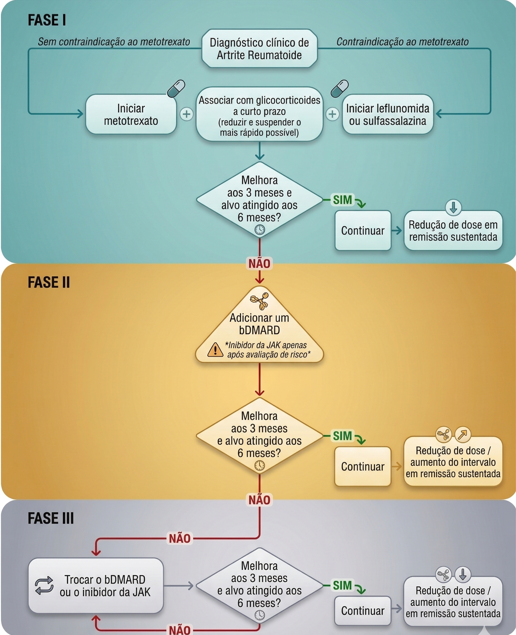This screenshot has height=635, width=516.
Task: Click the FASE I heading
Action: (x=47, y=20)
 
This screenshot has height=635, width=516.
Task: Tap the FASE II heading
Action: (x=49, y=282)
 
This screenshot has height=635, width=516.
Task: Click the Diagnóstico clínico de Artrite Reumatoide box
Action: (x=259, y=49)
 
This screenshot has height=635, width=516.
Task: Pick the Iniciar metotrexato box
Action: (x=131, y=114)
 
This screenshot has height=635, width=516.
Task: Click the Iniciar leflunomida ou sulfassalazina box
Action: (x=387, y=114)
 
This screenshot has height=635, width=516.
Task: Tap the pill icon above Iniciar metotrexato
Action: (x=176, y=88)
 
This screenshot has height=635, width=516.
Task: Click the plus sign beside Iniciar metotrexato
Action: (x=187, y=114)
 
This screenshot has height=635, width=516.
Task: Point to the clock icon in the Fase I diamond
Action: (x=259, y=229)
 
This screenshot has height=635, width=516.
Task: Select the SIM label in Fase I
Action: (x=342, y=200)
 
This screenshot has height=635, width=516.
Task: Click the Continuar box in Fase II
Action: (x=363, y=466)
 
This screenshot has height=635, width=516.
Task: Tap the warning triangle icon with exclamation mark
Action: (x=215, y=350)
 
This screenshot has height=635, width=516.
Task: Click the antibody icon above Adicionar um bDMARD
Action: (x=259, y=301)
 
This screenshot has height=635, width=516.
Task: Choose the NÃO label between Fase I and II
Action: (x=259, y=264)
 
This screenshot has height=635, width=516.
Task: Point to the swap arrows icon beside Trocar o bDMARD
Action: (x=44, y=585)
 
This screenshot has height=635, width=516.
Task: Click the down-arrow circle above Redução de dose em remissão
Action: (x=453, y=207)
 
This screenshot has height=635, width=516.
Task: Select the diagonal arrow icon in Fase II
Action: (x=462, y=434)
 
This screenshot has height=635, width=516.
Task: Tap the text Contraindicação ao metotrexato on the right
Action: (x=402, y=42)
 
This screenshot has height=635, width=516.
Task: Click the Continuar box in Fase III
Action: (x=363, y=611)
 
